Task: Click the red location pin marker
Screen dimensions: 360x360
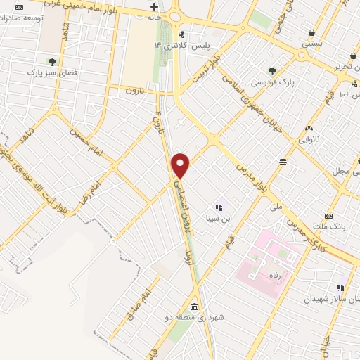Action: (x=181, y=165)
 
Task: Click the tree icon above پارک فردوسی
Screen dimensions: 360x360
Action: (x=273, y=70)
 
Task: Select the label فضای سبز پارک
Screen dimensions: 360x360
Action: (x=51, y=72)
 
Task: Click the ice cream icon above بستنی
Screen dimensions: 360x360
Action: (x=311, y=32)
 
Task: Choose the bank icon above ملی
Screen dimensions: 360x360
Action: (x=282, y=162)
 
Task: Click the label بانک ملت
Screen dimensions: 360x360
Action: (x=336, y=225)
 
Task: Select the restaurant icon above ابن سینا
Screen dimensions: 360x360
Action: (x=219, y=207)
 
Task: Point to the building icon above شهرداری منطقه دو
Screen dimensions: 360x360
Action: (x=193, y=307)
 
